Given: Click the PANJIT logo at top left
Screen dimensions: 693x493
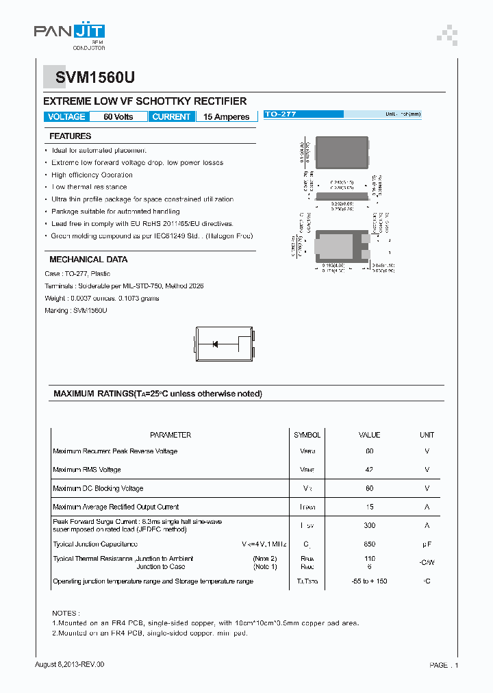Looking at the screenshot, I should (x=69, y=32).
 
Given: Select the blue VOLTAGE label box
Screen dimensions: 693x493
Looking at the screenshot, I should (x=66, y=117).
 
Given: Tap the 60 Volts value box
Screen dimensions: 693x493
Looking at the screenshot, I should (x=118, y=117).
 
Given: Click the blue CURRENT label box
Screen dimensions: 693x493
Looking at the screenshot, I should (x=171, y=117).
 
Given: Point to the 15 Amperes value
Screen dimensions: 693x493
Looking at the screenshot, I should (x=226, y=117).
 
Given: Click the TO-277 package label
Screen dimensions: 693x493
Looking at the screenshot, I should (x=281, y=114).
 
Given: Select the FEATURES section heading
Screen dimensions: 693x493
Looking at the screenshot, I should (x=71, y=136).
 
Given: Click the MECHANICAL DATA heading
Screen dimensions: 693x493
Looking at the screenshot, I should (x=88, y=260).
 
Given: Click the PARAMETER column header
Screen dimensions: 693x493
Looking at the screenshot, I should (x=170, y=435).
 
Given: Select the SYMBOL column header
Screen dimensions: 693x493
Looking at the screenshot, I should (x=307, y=435).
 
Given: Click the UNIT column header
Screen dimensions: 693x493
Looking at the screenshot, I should (x=427, y=435).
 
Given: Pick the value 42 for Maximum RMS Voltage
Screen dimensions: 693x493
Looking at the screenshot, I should (x=369, y=470).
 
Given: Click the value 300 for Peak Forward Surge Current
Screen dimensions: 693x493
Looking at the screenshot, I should (x=369, y=525).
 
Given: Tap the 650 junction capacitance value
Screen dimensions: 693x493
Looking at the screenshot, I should (x=369, y=544).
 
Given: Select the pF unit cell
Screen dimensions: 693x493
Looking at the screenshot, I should (x=427, y=544).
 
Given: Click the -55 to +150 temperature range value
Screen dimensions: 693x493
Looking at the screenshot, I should (x=369, y=581).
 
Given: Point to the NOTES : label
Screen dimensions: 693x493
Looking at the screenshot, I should (x=66, y=613).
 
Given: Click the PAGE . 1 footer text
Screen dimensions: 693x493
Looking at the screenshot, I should (x=444, y=665).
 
